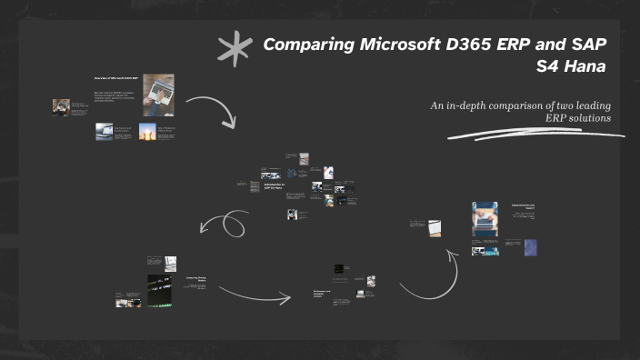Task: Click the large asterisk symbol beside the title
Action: (235, 51)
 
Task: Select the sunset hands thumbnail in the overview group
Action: (147, 131)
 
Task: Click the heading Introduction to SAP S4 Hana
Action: (274, 186)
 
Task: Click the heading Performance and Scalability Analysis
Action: (322, 294)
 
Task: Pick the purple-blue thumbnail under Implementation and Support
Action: (531, 247)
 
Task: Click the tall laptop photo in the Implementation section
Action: (485, 219)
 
